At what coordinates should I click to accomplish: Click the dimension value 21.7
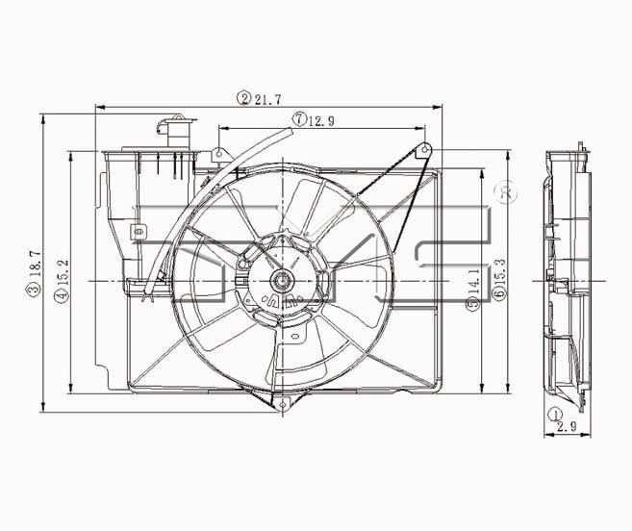coord(267,99)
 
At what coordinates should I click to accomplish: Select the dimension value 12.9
coord(321,120)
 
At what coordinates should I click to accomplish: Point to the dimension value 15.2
coord(63,272)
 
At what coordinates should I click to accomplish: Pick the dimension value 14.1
coord(475,281)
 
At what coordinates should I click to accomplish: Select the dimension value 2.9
coord(568,426)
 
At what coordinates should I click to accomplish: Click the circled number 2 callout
coord(244,99)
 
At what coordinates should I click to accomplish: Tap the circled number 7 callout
coord(298,119)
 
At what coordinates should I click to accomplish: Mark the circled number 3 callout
coord(35,290)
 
